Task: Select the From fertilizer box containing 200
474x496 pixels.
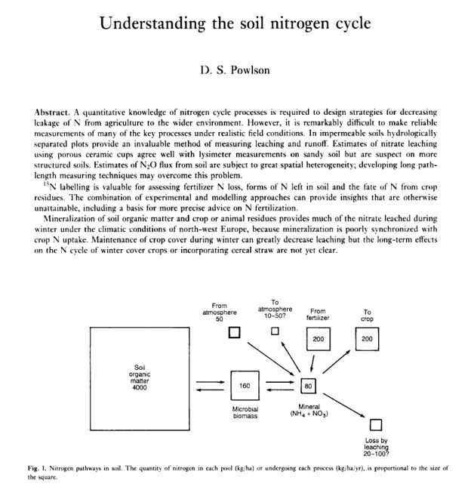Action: pos(319,340)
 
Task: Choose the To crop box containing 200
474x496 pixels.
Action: pos(368,340)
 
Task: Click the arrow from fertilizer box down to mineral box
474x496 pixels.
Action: pos(314,363)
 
